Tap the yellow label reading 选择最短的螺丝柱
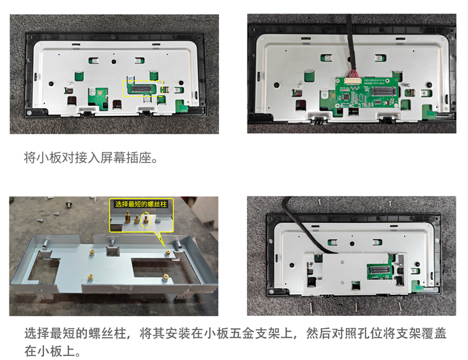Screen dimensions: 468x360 tap(141, 204)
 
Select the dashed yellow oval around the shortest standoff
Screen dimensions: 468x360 tap(146, 220)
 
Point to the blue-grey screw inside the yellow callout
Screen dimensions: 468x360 tap(158, 221)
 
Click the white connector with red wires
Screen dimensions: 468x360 tap(353, 81)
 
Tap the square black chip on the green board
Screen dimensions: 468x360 tap(347, 96)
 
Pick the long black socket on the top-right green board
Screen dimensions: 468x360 tap(384, 92)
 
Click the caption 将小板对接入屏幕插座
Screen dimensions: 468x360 tap(91, 157)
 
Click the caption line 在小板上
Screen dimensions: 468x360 tap(52, 351)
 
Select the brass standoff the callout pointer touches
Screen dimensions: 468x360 tap(168, 254)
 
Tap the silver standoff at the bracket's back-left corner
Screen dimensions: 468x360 tap(46, 243)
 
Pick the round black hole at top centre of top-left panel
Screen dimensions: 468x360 tap(114, 62)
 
